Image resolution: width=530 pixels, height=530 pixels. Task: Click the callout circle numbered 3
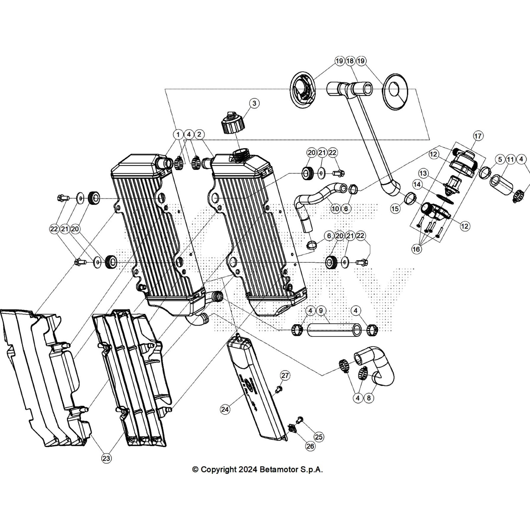[254, 103]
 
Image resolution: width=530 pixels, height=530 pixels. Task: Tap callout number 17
[478, 136]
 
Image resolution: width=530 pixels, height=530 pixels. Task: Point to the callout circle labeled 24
[225, 409]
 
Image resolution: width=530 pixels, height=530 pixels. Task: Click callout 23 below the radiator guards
[106, 458]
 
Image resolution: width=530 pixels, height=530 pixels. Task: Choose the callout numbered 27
[285, 375]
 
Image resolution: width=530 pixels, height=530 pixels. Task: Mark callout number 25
[319, 437]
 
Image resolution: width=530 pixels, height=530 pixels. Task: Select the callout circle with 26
[310, 446]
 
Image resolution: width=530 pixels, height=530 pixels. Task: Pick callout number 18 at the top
[350, 61]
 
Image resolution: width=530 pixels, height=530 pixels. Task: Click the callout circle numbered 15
[395, 209]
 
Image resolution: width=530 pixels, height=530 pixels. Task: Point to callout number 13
[423, 173]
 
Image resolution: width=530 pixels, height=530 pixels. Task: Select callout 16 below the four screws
[416, 249]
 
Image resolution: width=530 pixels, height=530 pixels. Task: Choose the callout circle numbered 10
[335, 209]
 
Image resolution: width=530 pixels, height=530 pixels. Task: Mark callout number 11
[510, 160]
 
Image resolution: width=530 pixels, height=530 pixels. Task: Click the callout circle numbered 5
[500, 160]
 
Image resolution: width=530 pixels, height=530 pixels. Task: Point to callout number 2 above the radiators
[199, 134]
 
